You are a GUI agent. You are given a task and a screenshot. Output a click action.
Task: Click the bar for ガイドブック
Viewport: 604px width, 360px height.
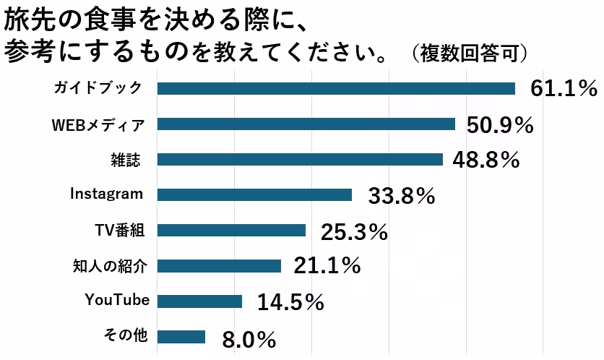tap(336, 88)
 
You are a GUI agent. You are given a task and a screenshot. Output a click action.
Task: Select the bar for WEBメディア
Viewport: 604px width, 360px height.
tap(306, 124)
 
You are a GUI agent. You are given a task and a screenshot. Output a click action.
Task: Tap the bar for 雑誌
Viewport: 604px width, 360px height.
tap(300, 159)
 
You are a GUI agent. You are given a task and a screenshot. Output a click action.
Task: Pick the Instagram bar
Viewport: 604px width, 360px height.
tap(254, 194)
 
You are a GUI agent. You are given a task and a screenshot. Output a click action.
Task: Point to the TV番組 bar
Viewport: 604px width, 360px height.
tap(231, 231)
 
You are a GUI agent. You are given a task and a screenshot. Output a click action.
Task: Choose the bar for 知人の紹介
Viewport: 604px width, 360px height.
tap(219, 266)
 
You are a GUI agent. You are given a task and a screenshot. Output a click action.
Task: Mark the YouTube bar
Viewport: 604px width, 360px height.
tap(199, 301)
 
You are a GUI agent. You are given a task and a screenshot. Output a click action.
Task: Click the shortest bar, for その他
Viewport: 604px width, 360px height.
tap(181, 337)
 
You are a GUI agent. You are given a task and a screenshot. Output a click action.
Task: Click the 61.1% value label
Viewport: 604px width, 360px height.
tap(564, 89)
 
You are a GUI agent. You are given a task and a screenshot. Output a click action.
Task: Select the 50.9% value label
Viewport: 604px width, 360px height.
tap(500, 125)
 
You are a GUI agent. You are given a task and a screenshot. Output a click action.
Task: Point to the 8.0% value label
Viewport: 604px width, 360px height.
tap(249, 338)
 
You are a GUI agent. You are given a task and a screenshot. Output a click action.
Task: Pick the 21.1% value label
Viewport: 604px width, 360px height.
tap(327, 267)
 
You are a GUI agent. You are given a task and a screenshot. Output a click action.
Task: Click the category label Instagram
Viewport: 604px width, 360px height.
tap(106, 194)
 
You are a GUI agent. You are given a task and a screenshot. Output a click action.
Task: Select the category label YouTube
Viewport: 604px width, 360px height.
tap(116, 300)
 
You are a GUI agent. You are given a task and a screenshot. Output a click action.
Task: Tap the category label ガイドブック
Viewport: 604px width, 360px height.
tap(97, 87)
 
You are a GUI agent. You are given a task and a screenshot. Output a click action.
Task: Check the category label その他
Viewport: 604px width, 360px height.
tap(126, 335)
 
